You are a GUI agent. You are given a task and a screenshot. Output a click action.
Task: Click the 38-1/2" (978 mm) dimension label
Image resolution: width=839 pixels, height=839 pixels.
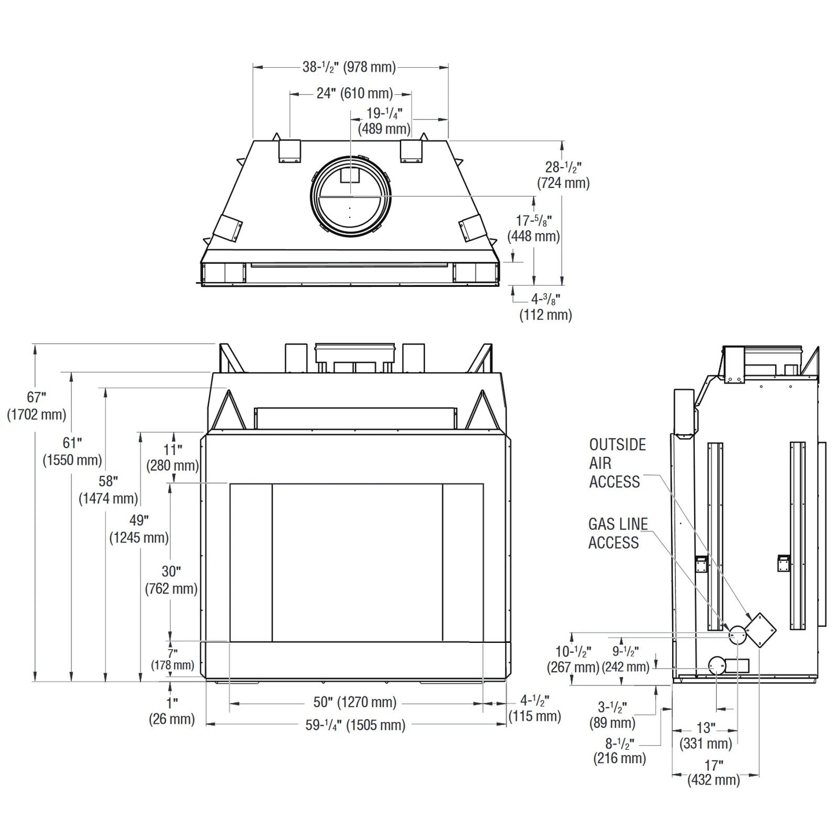349,67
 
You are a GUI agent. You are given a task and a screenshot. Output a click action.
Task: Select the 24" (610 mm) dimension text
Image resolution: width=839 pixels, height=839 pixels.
354,93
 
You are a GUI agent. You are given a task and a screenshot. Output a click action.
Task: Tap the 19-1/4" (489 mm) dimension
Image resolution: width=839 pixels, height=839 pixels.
384,121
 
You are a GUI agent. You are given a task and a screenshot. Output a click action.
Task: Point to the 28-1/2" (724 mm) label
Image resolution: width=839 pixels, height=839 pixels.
563,175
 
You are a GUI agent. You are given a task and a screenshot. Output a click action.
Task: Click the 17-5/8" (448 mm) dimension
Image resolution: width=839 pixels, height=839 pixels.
534,229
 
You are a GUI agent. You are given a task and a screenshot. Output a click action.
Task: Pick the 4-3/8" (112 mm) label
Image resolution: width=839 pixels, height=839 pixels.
545,307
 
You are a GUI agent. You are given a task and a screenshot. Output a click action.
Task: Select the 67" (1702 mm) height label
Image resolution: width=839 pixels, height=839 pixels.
37,406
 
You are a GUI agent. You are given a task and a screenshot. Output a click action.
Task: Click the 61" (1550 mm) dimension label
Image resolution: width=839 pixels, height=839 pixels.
72,451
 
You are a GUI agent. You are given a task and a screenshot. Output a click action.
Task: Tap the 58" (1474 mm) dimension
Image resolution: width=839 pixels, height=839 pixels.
108,490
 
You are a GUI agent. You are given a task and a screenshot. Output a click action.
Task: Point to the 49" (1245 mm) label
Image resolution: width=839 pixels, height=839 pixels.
139,529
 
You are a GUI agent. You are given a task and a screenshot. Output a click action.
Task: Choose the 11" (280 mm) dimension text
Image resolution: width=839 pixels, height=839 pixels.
173,457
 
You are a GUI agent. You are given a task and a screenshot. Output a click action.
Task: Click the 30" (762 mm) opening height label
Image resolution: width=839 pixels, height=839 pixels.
171,580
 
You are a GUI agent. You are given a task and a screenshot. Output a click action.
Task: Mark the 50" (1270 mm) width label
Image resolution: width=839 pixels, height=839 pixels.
355,702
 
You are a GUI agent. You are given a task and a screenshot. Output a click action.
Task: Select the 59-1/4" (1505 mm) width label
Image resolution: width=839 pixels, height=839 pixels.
355,725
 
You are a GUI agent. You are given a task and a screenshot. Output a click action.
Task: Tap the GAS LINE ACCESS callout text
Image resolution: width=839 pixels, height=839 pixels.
618,533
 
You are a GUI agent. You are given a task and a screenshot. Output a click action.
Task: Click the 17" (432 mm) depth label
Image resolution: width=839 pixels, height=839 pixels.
714,773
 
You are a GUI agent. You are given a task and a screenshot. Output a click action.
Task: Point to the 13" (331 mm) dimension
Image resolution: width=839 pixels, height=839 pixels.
706,736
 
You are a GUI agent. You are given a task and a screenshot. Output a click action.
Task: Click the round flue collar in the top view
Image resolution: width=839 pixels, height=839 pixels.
350,196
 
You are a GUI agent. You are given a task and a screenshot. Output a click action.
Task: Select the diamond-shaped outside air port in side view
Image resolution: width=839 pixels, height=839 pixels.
760,630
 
